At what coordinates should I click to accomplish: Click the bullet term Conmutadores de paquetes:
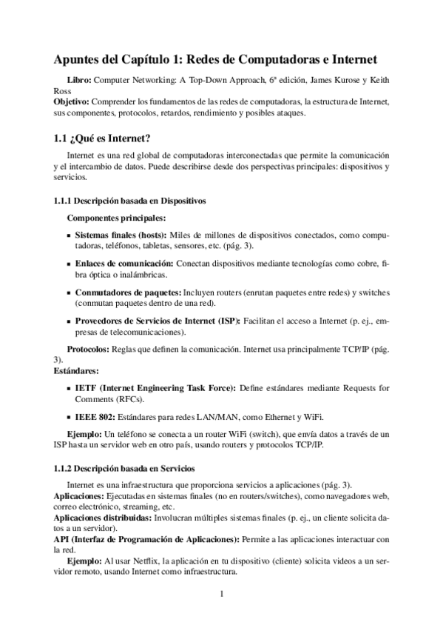pyautogui.click(x=127, y=293)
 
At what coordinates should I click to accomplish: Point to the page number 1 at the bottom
pyautogui.click(x=222, y=594)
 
